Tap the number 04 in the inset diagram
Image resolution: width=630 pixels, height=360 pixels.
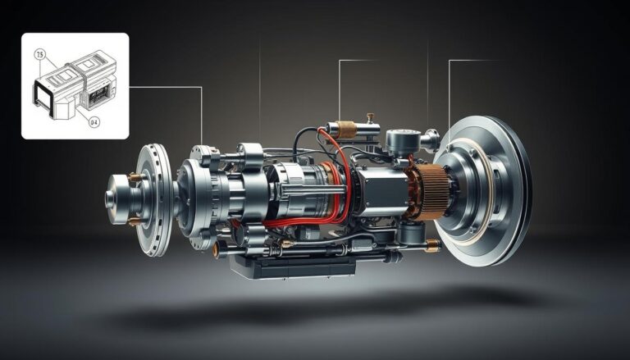pos(93,122)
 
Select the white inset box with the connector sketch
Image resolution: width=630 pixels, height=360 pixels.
pos(75,86)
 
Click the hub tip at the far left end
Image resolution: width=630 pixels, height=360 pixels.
pos(112,198)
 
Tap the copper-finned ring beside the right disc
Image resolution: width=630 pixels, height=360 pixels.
pos(430,191)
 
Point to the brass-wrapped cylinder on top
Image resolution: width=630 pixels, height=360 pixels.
pos(345,130)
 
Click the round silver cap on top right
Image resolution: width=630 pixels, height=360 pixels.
pos(401,142)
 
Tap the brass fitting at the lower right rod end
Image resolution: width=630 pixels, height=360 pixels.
pos(430,245)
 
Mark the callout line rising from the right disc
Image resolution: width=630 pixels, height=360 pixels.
pos(450,90)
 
